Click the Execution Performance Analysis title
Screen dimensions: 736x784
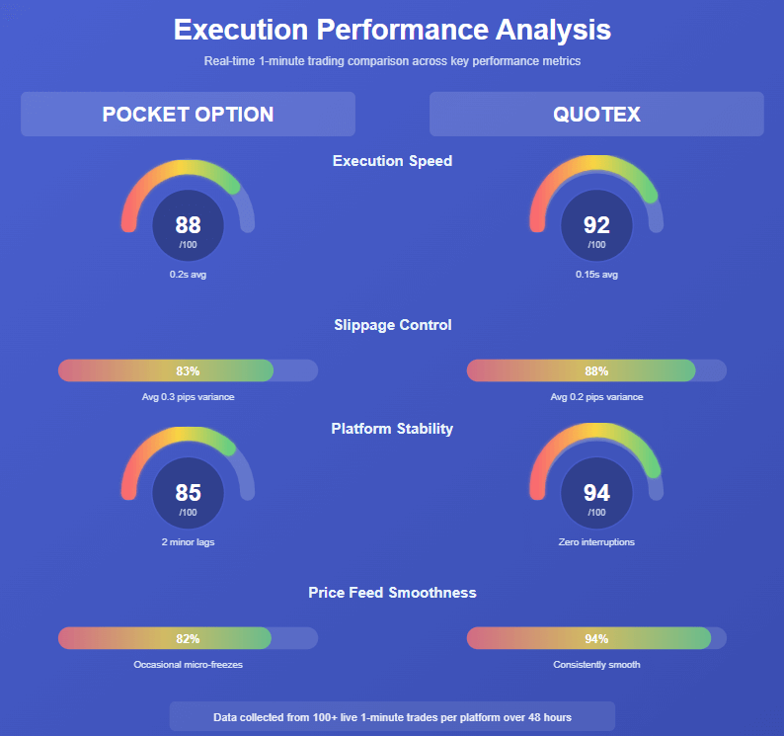[x=392, y=30]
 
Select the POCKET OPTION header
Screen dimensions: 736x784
[x=188, y=114]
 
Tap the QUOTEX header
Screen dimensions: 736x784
[x=596, y=114]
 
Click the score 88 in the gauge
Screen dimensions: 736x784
[x=188, y=225]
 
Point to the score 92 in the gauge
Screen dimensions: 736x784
[x=596, y=225]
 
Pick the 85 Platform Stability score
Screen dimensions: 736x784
[x=188, y=492]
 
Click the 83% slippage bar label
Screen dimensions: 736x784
[x=188, y=371]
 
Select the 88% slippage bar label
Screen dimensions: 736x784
[x=596, y=371]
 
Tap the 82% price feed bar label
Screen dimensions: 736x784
[x=188, y=638]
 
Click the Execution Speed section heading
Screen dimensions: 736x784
[x=392, y=161]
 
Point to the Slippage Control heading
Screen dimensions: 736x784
[x=392, y=325]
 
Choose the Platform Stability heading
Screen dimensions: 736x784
[x=392, y=429]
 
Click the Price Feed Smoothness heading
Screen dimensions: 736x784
[x=392, y=593]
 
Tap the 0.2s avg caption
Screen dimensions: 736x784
[x=188, y=275]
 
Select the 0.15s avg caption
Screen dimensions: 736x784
[x=596, y=275]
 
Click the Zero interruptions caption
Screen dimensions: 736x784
[x=596, y=542]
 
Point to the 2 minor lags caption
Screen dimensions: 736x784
[x=188, y=542]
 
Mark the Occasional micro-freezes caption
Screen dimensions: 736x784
[x=188, y=665]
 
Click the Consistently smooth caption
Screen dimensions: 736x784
[x=596, y=665]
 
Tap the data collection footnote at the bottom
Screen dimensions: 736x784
[x=392, y=717]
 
